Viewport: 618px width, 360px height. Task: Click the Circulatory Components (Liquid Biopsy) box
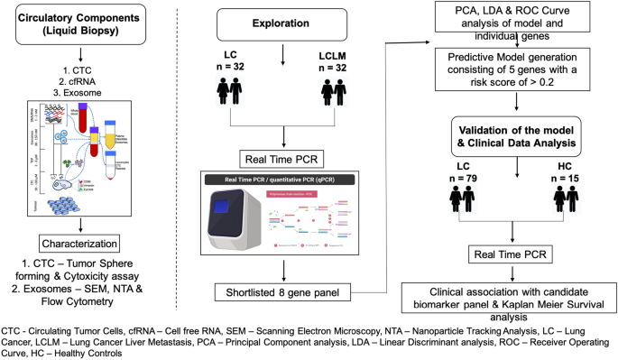[x=71, y=27]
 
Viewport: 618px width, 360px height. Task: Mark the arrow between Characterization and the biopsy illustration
[x=70, y=223]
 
